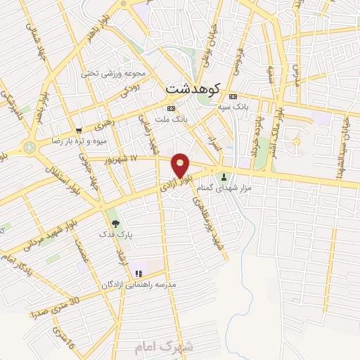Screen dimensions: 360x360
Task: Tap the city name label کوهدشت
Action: [x=193, y=89]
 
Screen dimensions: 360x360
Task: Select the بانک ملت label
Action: [x=173, y=120]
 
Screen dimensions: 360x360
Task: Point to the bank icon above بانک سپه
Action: [x=233, y=96]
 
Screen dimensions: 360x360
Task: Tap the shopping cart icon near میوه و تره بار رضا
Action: [x=79, y=131]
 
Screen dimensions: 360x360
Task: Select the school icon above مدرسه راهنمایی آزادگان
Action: [x=139, y=273]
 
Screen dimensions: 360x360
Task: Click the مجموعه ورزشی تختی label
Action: [x=116, y=73]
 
